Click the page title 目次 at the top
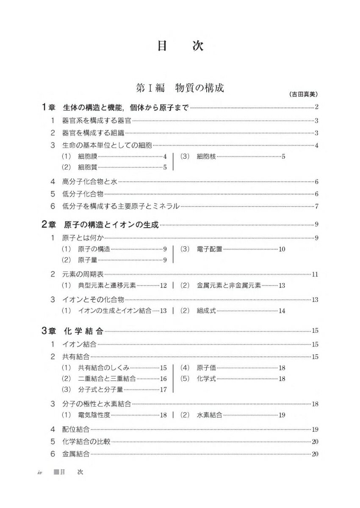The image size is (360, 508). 180,46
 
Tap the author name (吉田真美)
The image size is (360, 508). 304,94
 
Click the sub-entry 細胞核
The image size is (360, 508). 206,156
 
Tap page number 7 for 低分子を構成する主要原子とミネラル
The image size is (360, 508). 316,207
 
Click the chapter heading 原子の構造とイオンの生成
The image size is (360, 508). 112,225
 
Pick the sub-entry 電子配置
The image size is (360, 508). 209,249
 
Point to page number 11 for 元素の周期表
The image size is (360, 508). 315,274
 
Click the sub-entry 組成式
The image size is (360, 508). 206,311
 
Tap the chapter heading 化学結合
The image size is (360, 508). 83,331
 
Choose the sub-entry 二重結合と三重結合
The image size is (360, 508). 107,378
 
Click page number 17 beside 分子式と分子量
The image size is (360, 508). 163,389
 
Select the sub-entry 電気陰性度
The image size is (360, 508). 94,415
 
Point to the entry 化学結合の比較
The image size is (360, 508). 86,442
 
